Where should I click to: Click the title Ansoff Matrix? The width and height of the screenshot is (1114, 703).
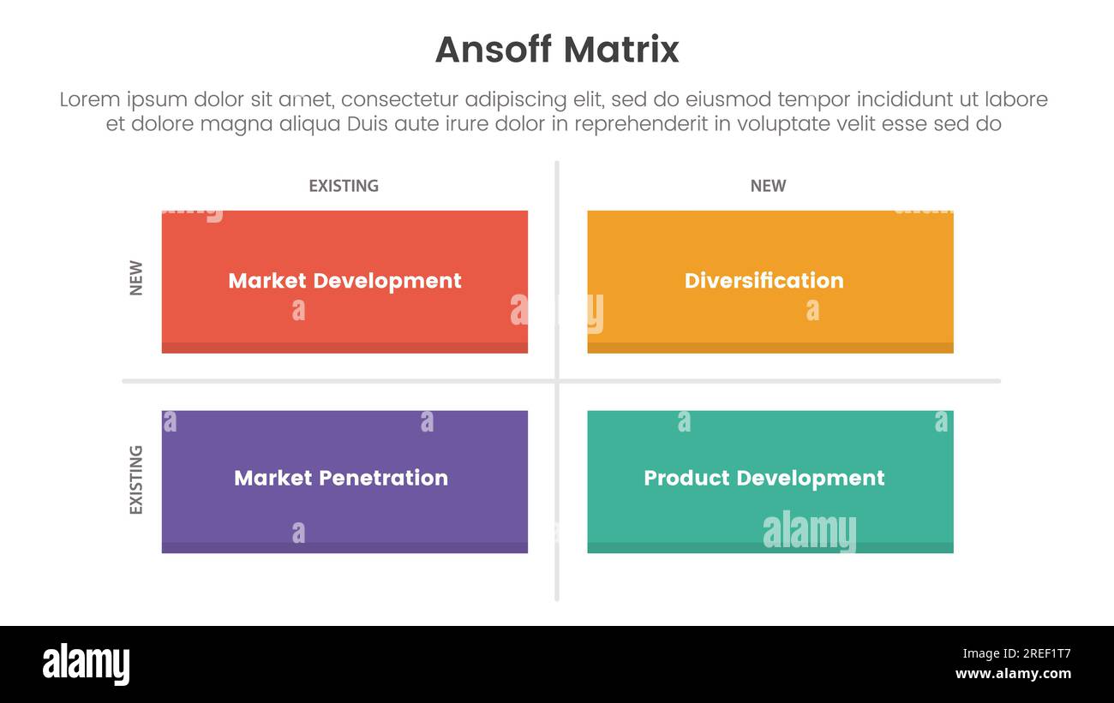[557, 50]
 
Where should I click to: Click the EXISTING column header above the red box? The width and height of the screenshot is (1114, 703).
[344, 186]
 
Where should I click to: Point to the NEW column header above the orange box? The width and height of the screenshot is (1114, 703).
[768, 186]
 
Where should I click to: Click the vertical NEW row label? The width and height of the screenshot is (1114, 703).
[136, 278]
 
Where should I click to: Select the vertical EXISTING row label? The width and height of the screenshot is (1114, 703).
[136, 480]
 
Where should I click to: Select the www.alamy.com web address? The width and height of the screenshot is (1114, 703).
[1013, 674]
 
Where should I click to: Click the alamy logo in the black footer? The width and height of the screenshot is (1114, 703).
[86, 664]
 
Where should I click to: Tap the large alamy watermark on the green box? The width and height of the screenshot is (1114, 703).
[809, 532]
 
